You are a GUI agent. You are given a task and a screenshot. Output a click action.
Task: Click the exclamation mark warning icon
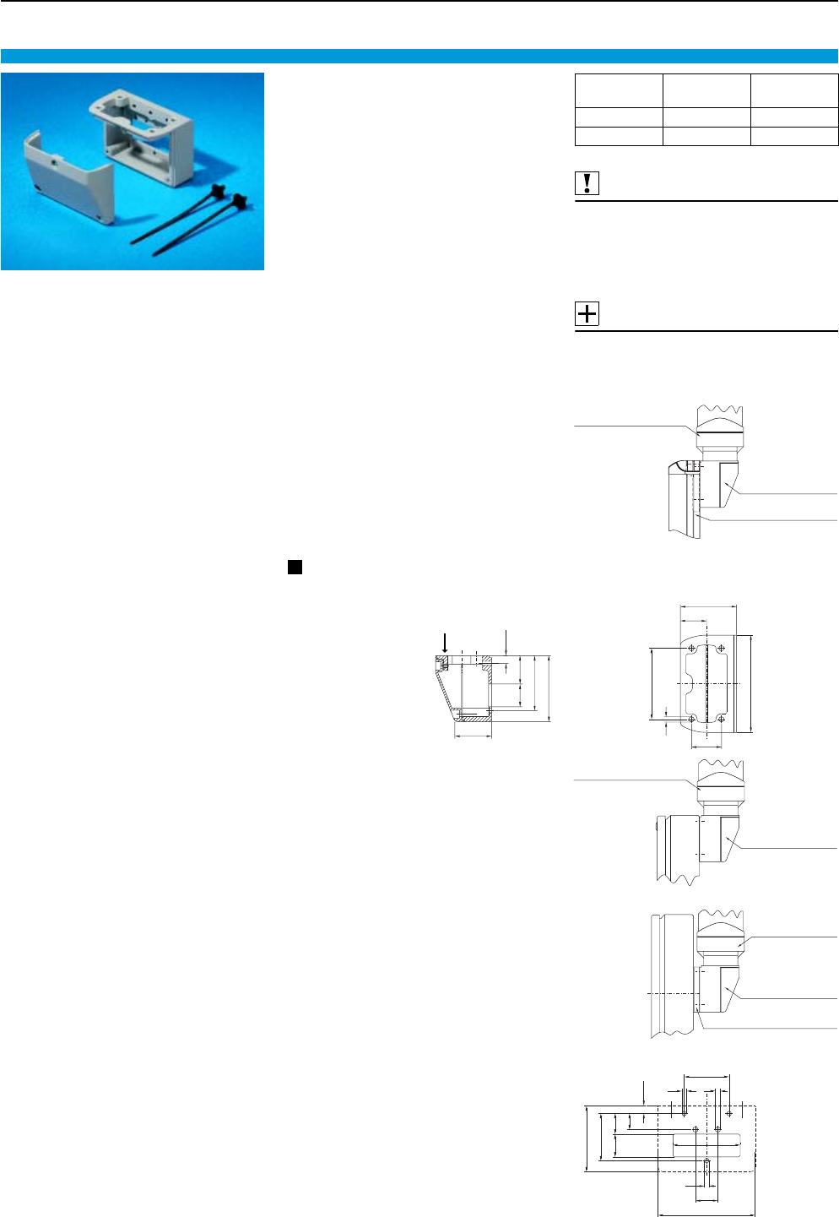[x=587, y=183]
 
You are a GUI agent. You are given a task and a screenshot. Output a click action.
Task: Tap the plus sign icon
[x=587, y=314]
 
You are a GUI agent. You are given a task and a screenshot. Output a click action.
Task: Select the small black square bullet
[x=295, y=567]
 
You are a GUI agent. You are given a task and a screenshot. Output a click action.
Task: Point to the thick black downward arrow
[x=445, y=643]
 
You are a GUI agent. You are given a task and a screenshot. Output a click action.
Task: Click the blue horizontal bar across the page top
[x=419, y=56]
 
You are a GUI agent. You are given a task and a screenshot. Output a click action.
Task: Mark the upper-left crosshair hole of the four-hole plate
[x=693, y=648]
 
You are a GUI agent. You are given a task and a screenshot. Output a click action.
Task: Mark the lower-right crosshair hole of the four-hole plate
[x=723, y=719]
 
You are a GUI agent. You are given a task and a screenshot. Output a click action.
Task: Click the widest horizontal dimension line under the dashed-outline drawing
[x=706, y=1214]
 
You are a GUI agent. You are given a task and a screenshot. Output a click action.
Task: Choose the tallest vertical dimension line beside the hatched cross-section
[x=549, y=687]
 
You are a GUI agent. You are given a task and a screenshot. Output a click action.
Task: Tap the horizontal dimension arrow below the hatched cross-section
[x=474, y=735]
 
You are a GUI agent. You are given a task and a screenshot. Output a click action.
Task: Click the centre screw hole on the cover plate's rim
[x=52, y=158]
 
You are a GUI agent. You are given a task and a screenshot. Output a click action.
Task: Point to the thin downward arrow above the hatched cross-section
[x=505, y=640]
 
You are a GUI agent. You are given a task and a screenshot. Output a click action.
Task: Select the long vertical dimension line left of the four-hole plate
[x=652, y=683]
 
